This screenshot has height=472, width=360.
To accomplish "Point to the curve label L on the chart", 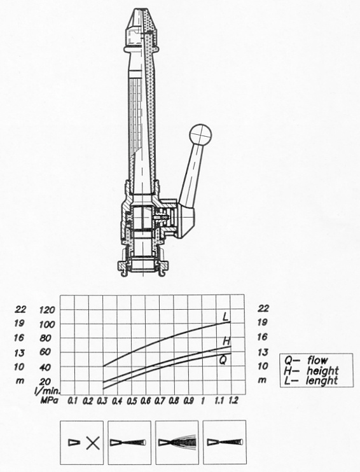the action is point(225,316).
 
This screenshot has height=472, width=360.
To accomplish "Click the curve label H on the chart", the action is point(226,341).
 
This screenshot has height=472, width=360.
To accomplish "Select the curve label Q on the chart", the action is point(223,360).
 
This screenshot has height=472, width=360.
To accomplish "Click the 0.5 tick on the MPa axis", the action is point(132,401).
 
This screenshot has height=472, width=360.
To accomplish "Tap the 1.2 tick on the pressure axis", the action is point(233,400).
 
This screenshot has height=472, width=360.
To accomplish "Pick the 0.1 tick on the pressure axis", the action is point(73,401).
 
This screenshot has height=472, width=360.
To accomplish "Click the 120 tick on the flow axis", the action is point(47,310).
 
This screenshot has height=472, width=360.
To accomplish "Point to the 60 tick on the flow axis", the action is point(45,352).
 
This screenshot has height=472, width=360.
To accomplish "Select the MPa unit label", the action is point(49,401).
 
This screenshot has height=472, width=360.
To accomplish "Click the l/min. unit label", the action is point(48,391).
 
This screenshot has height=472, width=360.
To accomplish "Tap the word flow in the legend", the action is point(317,360).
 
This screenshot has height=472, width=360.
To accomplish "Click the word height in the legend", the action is point(322,371).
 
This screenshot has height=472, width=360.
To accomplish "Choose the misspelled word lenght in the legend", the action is point(321,381).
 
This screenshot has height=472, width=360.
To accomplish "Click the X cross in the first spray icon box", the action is point(93,443).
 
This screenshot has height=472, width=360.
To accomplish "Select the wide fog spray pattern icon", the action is point(177,443).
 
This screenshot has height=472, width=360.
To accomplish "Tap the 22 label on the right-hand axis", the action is point(263,309).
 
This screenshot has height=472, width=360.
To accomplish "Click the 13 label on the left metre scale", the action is point(20,353).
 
